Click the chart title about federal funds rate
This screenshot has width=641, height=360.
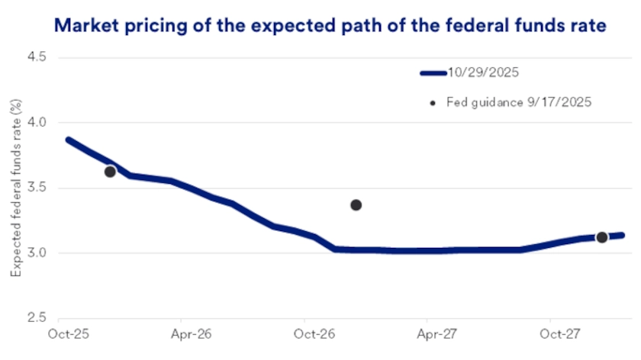click(x=330, y=25)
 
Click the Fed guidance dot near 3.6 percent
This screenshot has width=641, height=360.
click(x=110, y=172)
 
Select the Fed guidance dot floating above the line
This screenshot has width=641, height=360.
click(x=356, y=204)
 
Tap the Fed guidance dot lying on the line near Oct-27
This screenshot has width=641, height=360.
click(x=601, y=237)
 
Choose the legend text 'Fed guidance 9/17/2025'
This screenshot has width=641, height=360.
click(x=518, y=101)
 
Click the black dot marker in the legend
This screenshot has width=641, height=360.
click(x=433, y=102)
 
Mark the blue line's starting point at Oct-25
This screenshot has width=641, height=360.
click(x=68, y=140)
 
